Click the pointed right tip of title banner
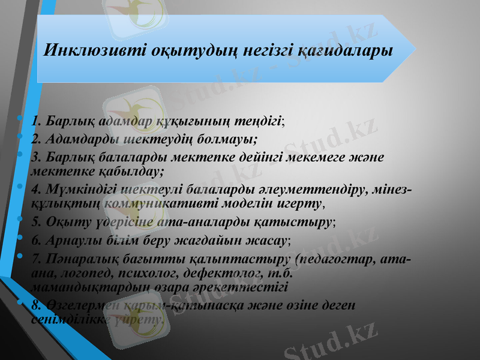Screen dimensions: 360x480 (x=415, y=48)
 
